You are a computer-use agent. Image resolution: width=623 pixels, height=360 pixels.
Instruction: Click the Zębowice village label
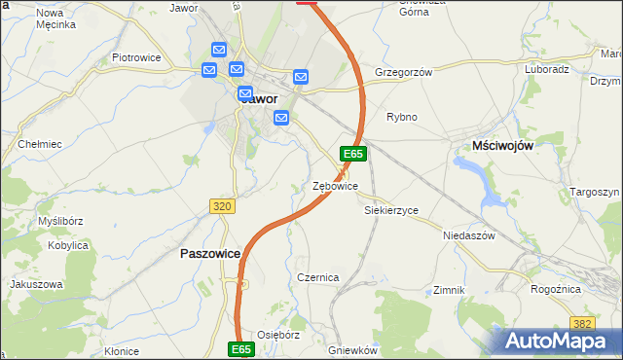pos(335,186)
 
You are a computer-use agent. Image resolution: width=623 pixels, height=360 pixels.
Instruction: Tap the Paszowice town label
pos(211,253)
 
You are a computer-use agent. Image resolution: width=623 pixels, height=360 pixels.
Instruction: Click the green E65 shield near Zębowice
pos(352,154)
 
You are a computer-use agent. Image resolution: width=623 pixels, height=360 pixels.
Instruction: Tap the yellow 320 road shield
pos(222,205)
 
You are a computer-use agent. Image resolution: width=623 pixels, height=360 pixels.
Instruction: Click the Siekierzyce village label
pos(390,210)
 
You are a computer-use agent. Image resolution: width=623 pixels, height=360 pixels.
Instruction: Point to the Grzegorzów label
pos(402,72)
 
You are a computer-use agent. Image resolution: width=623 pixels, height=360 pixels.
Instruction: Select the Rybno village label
pos(401,117)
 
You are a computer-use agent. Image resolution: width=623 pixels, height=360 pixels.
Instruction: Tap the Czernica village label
pos(318,277)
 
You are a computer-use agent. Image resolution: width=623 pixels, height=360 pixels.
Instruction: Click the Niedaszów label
pos(469,235)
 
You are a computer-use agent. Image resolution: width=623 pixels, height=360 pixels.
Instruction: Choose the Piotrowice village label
pos(135,58)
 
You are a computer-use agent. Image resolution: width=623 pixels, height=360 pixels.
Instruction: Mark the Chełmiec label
pos(40,144)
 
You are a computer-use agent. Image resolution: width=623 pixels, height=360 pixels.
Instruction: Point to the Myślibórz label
pos(59,221)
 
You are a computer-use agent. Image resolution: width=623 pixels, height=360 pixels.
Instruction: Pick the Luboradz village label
pos(547,70)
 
